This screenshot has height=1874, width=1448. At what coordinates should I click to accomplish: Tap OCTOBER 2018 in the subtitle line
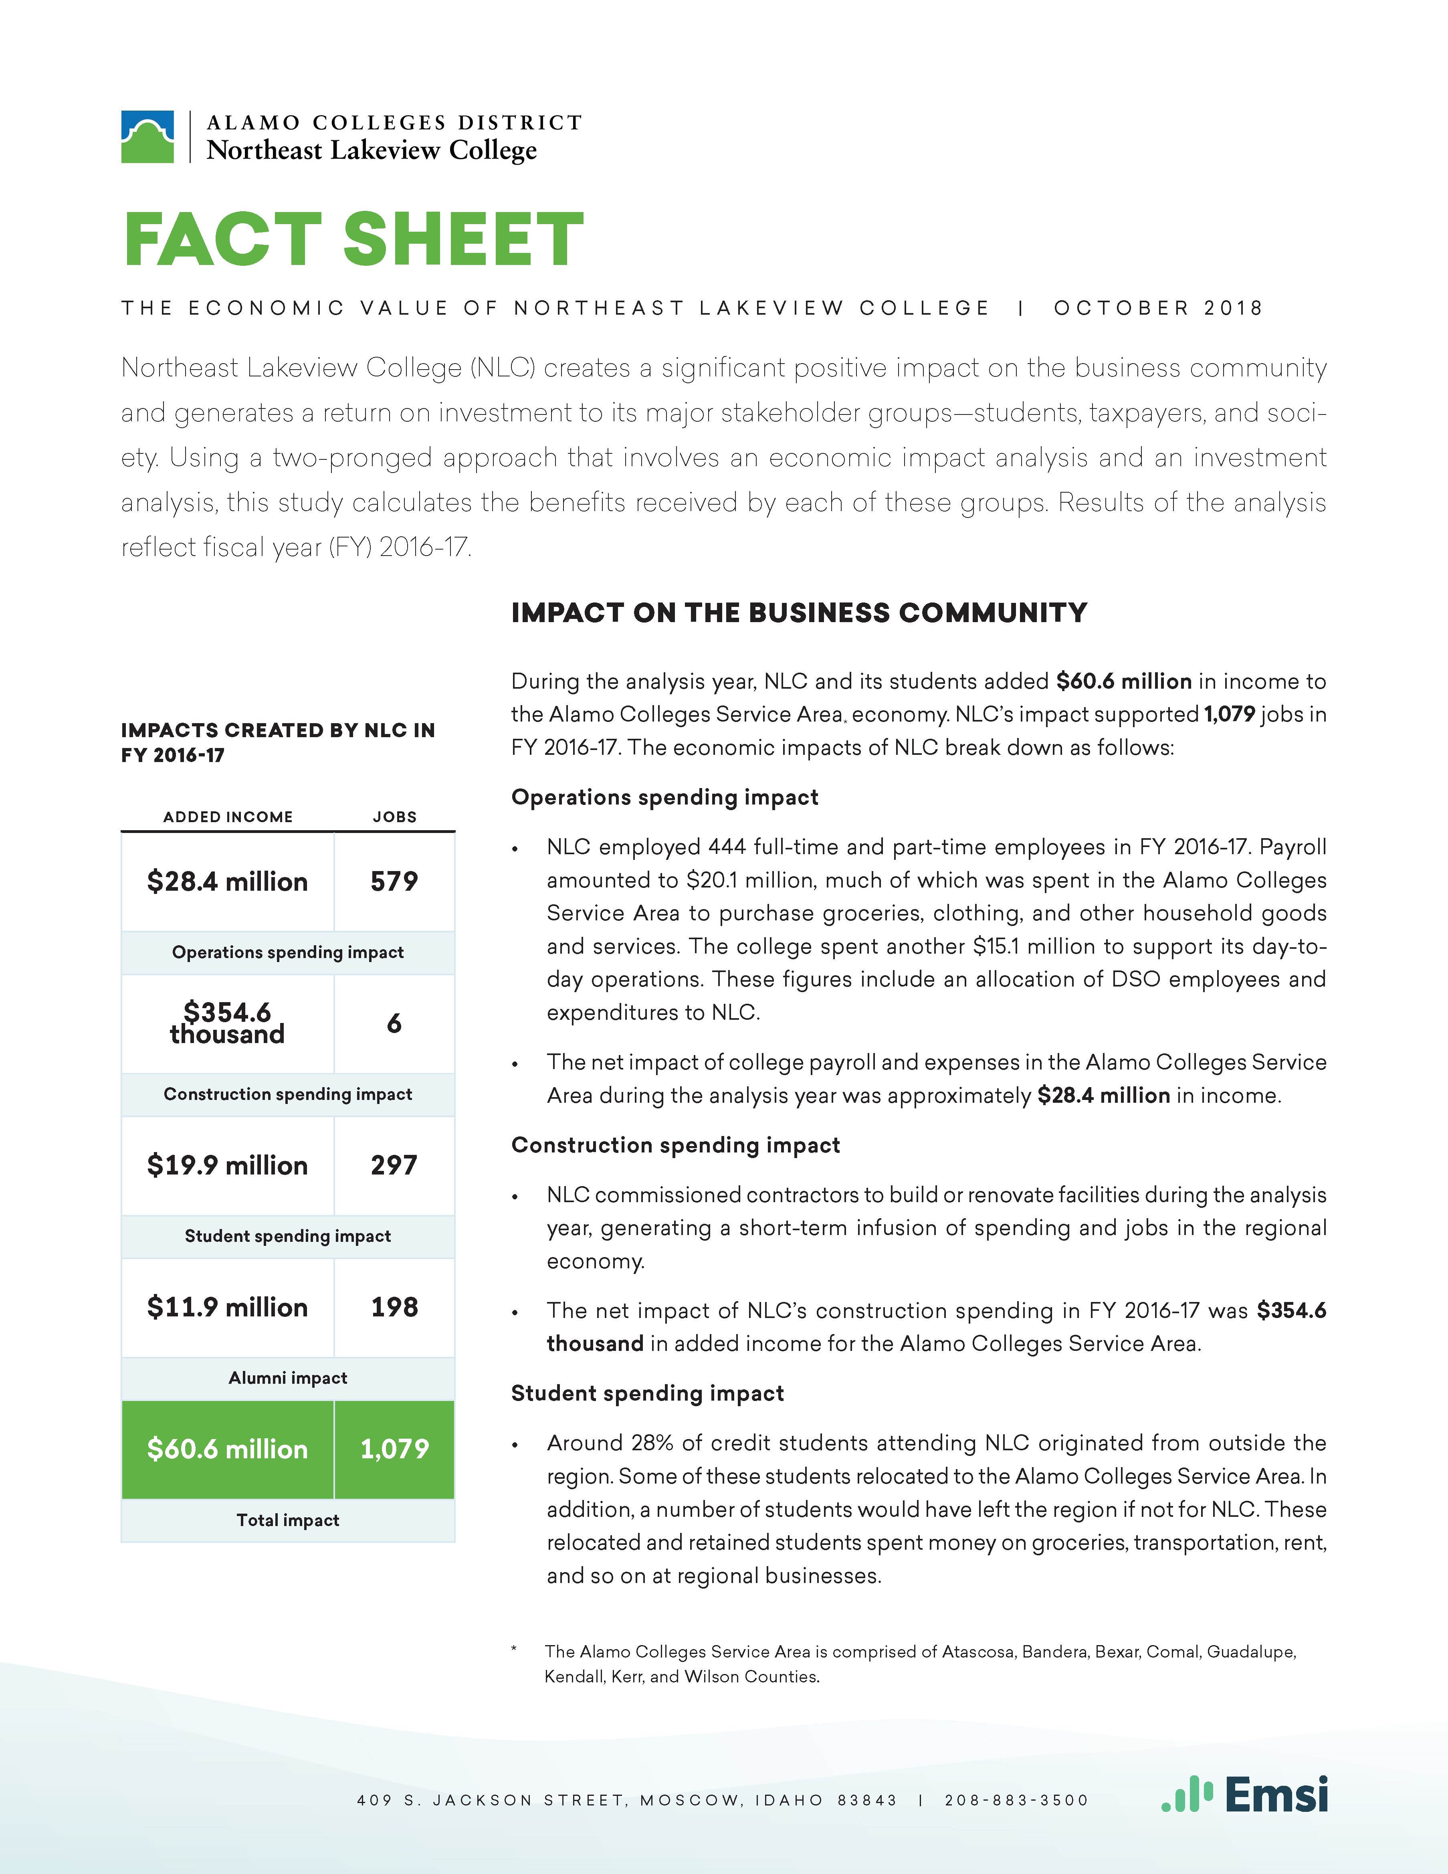pos(1158,308)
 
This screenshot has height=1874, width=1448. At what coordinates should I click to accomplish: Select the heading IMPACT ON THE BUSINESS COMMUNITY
pos(799,613)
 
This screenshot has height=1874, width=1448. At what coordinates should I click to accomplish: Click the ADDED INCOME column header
pos(228,817)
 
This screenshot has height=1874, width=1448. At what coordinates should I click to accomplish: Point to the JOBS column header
pos(395,817)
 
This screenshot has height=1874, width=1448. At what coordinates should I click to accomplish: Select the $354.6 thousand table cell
pos(227,1023)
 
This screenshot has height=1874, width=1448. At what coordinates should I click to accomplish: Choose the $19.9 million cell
pos(227,1165)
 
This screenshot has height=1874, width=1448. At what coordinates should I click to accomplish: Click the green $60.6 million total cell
pos(227,1449)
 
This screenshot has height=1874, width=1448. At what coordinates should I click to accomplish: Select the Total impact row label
pos(288,1520)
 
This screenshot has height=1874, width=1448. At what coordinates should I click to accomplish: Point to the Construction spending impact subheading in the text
pos(675,1146)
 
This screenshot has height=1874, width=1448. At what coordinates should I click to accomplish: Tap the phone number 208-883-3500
pos(1016,1800)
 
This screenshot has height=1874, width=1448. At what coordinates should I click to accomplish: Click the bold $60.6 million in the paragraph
pos(1124,681)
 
